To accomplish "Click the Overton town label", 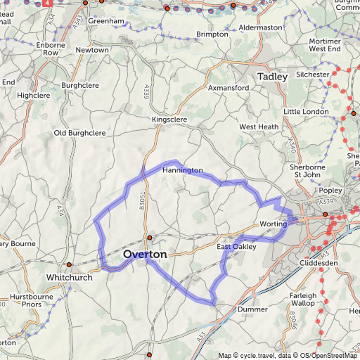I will [x=145, y=254].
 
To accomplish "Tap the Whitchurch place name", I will [x=69, y=278].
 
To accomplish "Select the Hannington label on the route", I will [x=182, y=171].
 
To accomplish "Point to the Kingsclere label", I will [x=170, y=120].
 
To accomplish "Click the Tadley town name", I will [x=273, y=76].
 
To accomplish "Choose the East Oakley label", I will [x=237, y=247].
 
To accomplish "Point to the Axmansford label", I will [x=229, y=88].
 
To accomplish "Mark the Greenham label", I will [x=106, y=21].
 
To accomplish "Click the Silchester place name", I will [x=313, y=74].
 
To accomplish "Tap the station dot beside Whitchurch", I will [x=69, y=265].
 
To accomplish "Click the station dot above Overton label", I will [x=149, y=238].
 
